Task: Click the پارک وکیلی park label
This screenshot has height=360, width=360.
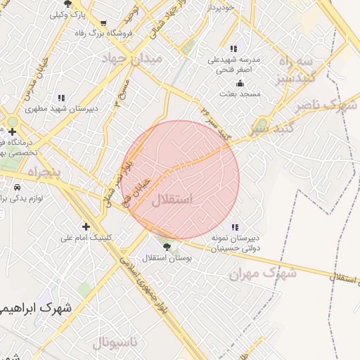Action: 72,13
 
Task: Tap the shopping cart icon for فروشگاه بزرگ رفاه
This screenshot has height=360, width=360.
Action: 103,23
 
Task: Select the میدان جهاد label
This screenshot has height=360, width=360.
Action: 133,58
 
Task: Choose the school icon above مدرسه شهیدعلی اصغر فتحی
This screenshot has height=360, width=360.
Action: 233,49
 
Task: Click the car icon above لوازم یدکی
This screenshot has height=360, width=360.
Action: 17,188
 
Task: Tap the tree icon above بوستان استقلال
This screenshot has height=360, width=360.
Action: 167,247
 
